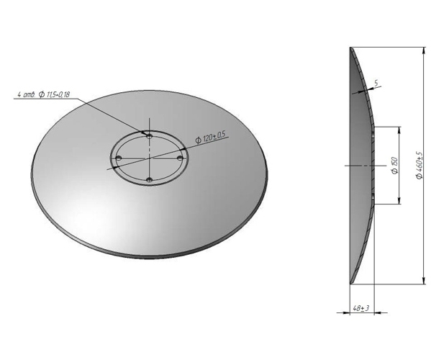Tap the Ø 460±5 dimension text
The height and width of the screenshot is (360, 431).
pos(419,166)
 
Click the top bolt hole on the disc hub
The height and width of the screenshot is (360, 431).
pos(147,134)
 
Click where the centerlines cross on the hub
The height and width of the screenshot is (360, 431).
pos(148,156)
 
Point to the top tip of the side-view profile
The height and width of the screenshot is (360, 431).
pos(350,48)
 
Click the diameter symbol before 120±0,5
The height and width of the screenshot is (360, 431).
pos(198,140)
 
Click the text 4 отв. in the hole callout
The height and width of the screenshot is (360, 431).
pos(26,94)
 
